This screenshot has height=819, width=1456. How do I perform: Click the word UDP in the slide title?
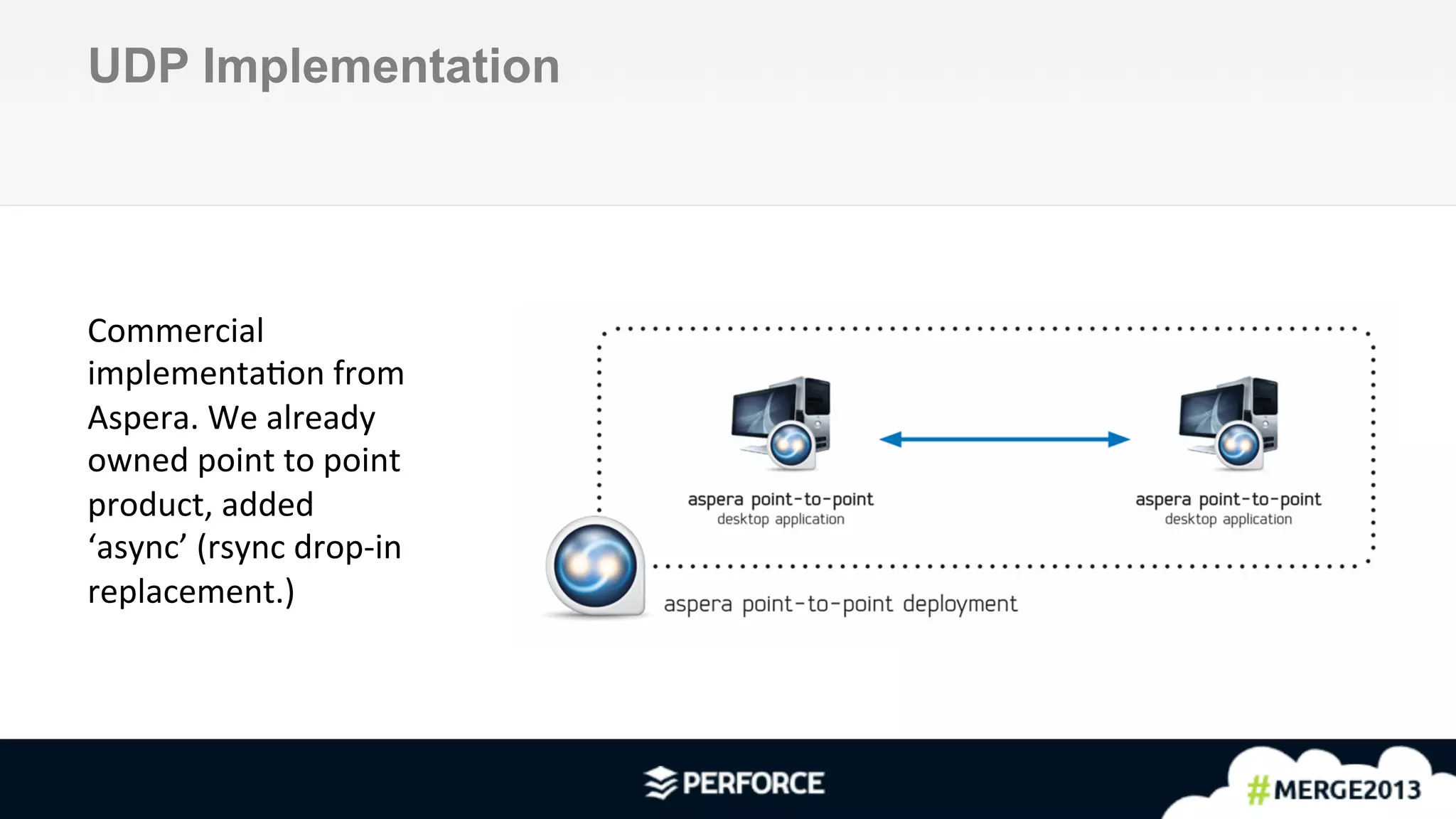pos(139,66)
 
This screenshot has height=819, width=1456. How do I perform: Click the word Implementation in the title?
pos(381,66)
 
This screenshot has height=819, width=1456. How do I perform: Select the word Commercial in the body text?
pos(176,331)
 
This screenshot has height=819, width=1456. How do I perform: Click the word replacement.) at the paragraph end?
pos(191,591)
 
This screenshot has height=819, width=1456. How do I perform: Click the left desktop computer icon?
pos(780,419)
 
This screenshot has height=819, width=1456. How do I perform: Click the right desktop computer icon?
pos(1228,419)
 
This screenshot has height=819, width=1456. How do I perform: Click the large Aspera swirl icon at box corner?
pos(595,567)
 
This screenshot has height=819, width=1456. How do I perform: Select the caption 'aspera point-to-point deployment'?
pos(840,604)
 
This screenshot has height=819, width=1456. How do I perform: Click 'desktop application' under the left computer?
pos(781,520)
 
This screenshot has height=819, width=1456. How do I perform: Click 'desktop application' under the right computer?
pos(1228,520)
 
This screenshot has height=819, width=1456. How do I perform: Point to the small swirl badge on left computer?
pos(791,445)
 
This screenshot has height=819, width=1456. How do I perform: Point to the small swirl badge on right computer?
pos(1238,445)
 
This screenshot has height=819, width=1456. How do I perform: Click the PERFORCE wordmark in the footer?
pos(753,783)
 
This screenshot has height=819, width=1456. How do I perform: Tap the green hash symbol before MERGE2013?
pos(1258,790)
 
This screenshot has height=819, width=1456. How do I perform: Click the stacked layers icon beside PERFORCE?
pos(660,783)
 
